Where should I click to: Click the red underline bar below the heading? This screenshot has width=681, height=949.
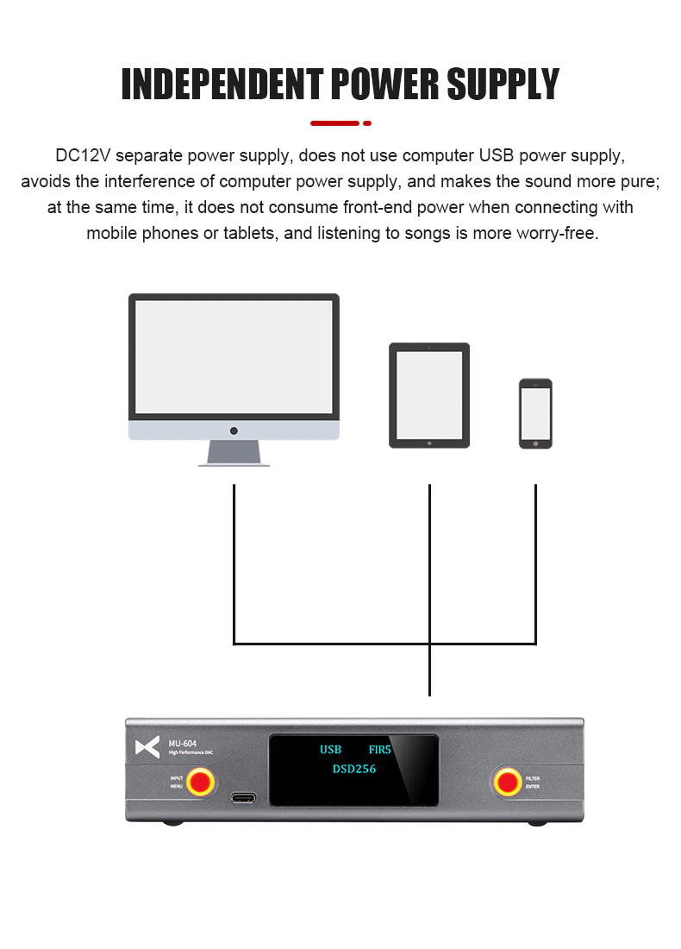(x=334, y=123)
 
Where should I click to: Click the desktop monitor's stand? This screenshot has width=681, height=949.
(x=234, y=453)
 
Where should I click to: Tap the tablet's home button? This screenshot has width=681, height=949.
(x=429, y=442)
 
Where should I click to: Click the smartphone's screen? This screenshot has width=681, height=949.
(x=535, y=413)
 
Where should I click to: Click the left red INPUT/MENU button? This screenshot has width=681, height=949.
(x=201, y=782)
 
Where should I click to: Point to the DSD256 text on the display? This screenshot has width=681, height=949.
(x=353, y=769)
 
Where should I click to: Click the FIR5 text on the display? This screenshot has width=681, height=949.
(x=379, y=750)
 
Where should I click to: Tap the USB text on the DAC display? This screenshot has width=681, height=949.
(x=330, y=750)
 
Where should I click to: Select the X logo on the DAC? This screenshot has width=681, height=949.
(x=147, y=747)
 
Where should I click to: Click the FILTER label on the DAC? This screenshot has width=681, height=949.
(x=533, y=778)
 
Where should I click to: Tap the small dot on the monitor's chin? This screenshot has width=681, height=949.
(x=234, y=430)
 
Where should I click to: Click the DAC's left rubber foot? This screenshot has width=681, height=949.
(x=172, y=823)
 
